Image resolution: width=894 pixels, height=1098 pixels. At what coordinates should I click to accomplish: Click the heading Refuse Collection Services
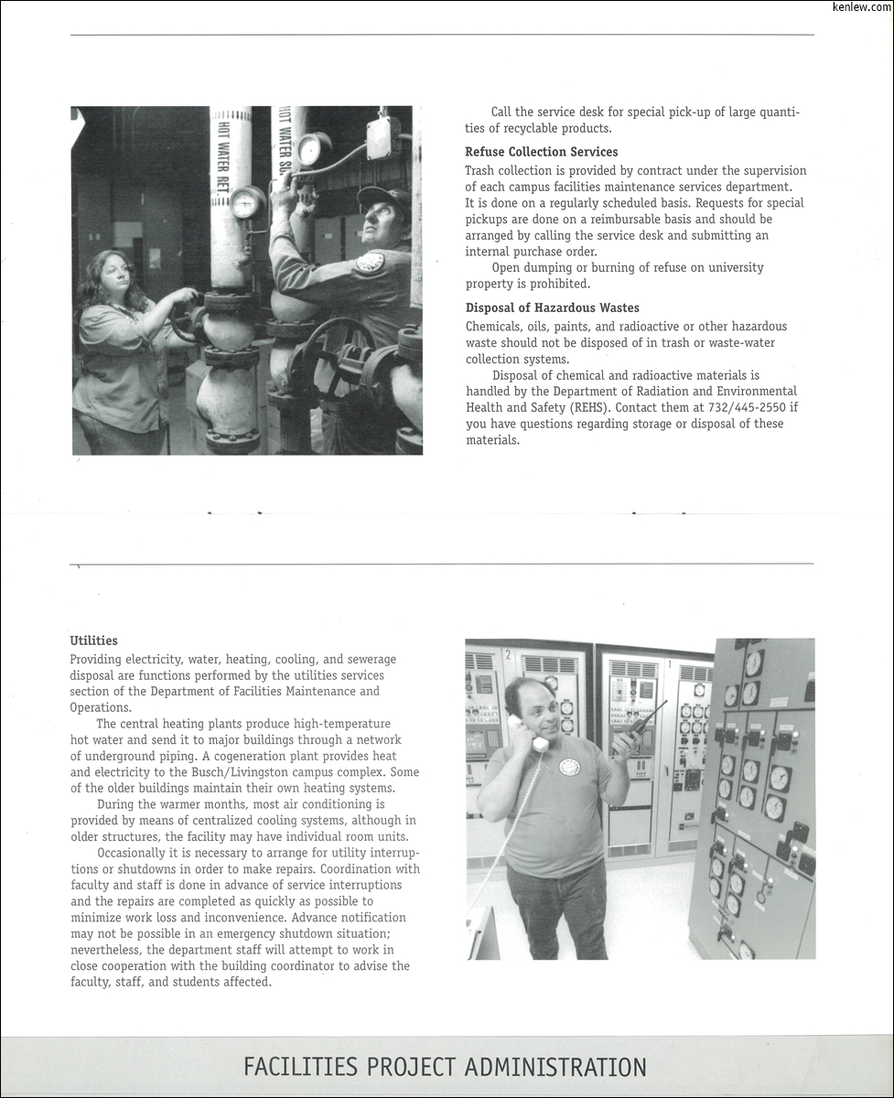(x=541, y=152)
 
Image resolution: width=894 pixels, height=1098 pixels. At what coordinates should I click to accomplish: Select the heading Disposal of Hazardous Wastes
(x=552, y=308)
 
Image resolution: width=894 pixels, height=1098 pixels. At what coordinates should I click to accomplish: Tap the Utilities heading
(x=93, y=640)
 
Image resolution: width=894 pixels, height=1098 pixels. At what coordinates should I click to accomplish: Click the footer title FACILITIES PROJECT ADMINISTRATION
(x=445, y=1067)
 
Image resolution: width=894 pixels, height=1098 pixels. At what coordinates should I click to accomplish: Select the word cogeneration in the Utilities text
(x=260, y=756)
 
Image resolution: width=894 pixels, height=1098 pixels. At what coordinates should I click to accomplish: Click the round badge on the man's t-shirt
(x=569, y=766)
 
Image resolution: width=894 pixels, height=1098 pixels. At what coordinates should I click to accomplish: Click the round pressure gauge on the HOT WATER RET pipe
(x=245, y=202)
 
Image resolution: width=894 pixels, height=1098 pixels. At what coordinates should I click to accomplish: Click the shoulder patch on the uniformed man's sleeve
(x=370, y=262)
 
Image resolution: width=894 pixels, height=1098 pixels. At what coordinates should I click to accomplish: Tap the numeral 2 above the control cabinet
(x=508, y=654)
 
